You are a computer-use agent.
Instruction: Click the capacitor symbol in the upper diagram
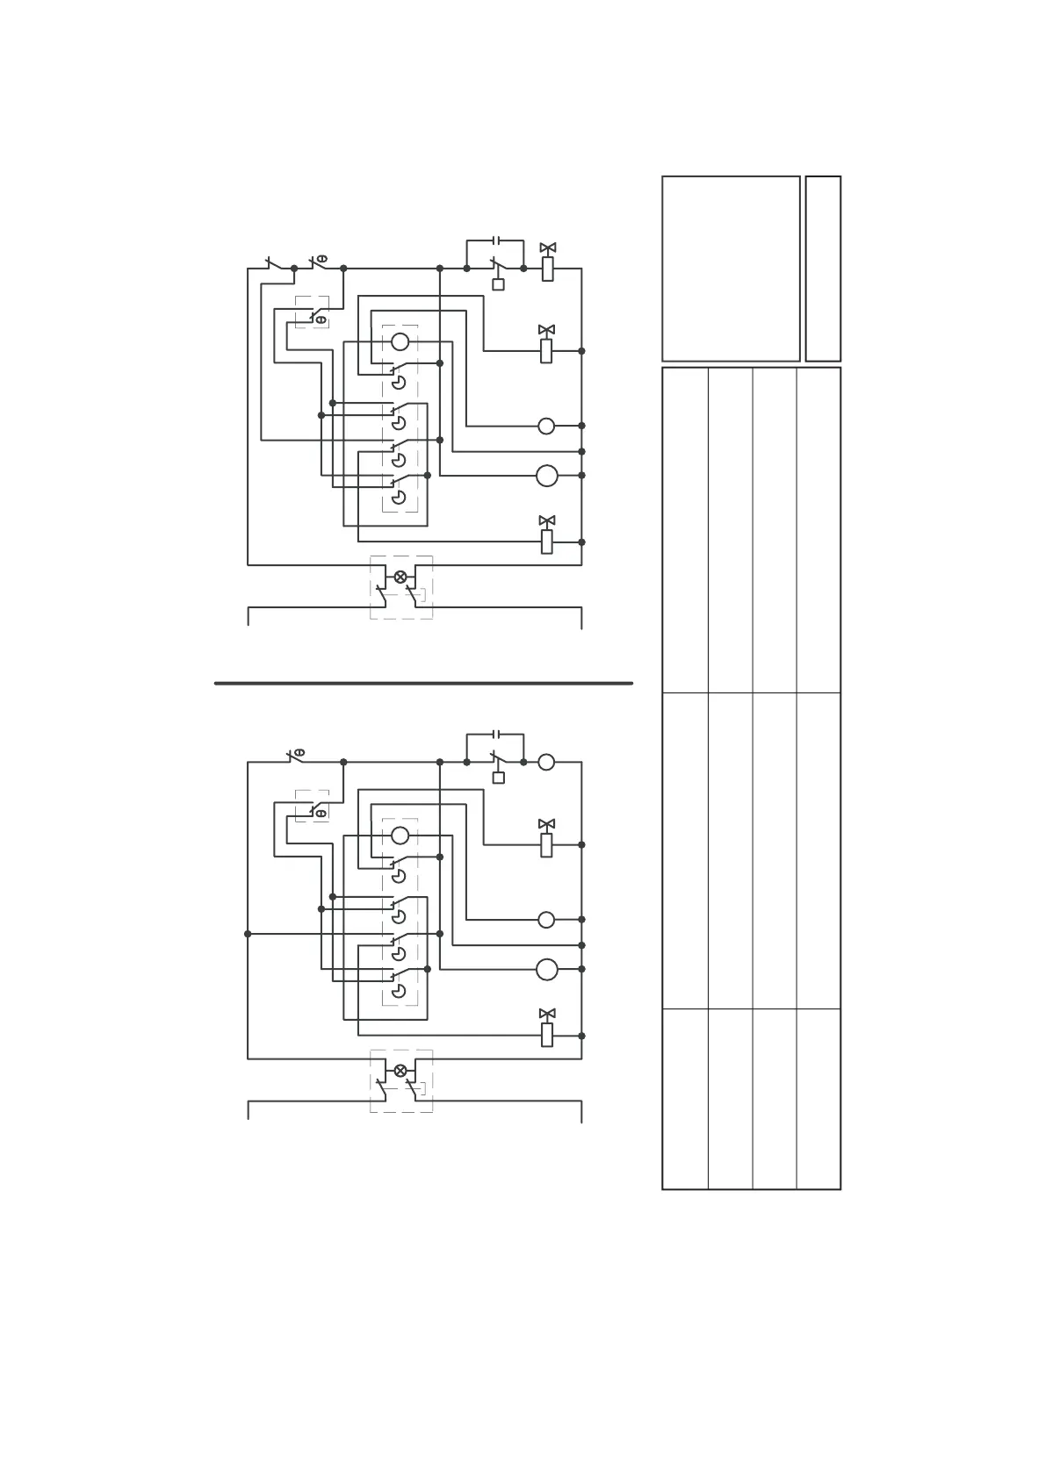tap(496, 240)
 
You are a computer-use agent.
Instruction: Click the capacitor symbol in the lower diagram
tap(496, 733)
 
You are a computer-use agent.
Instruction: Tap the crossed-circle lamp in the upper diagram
tap(400, 577)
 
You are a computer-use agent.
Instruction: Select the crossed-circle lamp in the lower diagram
tap(400, 1070)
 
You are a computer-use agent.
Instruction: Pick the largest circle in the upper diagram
tap(547, 476)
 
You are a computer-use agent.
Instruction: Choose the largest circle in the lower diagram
tap(547, 969)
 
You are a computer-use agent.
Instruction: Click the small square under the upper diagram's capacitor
tap(499, 284)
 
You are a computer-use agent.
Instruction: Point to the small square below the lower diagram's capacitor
tap(499, 778)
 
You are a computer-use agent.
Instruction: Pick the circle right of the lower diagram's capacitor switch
tap(546, 762)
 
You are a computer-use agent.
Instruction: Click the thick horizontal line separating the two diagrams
tap(423, 683)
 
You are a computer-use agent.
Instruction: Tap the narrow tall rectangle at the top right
tap(823, 269)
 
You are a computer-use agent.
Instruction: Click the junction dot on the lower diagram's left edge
tap(248, 934)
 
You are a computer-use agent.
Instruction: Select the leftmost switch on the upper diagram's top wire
tap(273, 263)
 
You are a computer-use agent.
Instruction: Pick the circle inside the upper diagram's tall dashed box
tap(400, 341)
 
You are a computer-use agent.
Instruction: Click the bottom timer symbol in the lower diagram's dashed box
tap(399, 991)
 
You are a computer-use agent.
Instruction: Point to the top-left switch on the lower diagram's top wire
tap(296, 756)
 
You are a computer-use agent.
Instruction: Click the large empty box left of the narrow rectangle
tap(731, 269)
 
